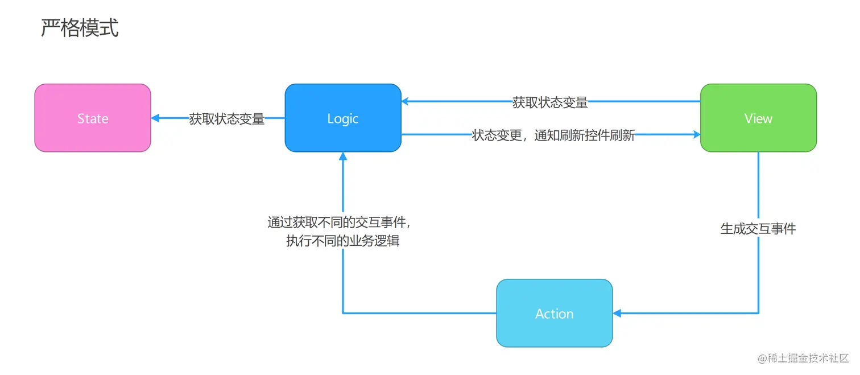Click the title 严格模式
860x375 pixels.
click(80, 27)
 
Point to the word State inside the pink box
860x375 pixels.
click(93, 118)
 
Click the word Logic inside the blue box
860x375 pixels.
click(343, 118)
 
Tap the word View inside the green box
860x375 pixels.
click(758, 118)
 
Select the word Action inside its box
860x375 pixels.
click(555, 314)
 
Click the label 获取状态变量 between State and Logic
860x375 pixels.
click(227, 119)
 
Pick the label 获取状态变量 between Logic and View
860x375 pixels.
click(550, 102)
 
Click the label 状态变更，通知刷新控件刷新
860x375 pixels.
click(553, 135)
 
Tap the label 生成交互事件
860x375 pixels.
click(758, 229)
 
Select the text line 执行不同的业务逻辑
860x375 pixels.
click(342, 241)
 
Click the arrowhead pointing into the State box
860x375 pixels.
click(155, 118)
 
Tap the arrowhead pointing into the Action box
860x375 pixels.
click(617, 313)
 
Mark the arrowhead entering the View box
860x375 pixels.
click(696, 135)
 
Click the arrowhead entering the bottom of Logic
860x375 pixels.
click(343, 156)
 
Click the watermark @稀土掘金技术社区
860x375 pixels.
click(803, 358)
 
